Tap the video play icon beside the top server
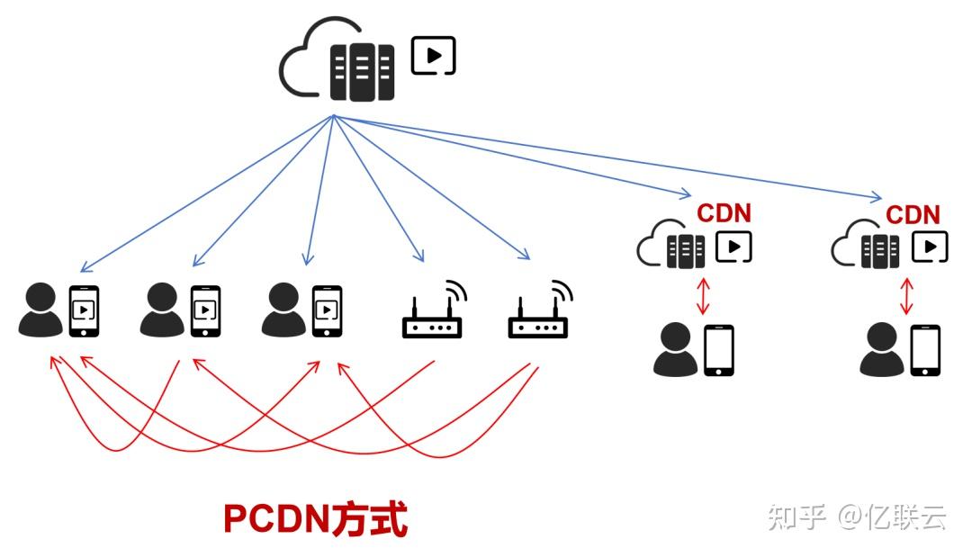[x=433, y=56]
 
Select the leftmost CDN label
[x=724, y=214]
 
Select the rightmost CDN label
[x=913, y=215]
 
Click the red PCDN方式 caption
[x=315, y=519]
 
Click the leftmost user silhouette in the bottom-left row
[x=40, y=310]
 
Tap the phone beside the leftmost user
[x=84, y=310]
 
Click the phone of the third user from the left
[x=326, y=310]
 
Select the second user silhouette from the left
[x=162, y=310]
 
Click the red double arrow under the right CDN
[x=907, y=296]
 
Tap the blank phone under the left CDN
[x=718, y=350]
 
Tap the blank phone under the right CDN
[x=924, y=350]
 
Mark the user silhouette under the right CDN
[x=881, y=351]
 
